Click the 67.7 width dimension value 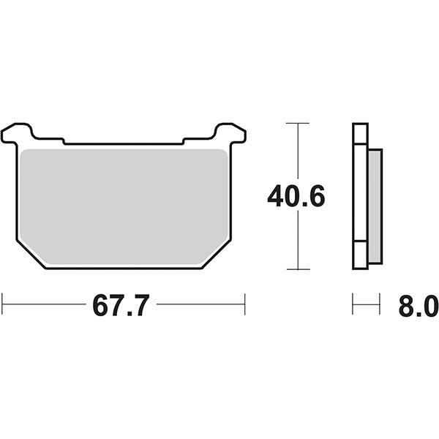121,305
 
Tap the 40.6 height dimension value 296,196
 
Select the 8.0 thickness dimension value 418,305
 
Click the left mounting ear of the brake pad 18,134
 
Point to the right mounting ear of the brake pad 230,134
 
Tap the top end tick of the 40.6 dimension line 296,123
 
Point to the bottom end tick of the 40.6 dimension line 296,269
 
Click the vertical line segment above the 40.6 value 296,150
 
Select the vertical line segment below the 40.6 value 296,241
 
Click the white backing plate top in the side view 360,135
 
